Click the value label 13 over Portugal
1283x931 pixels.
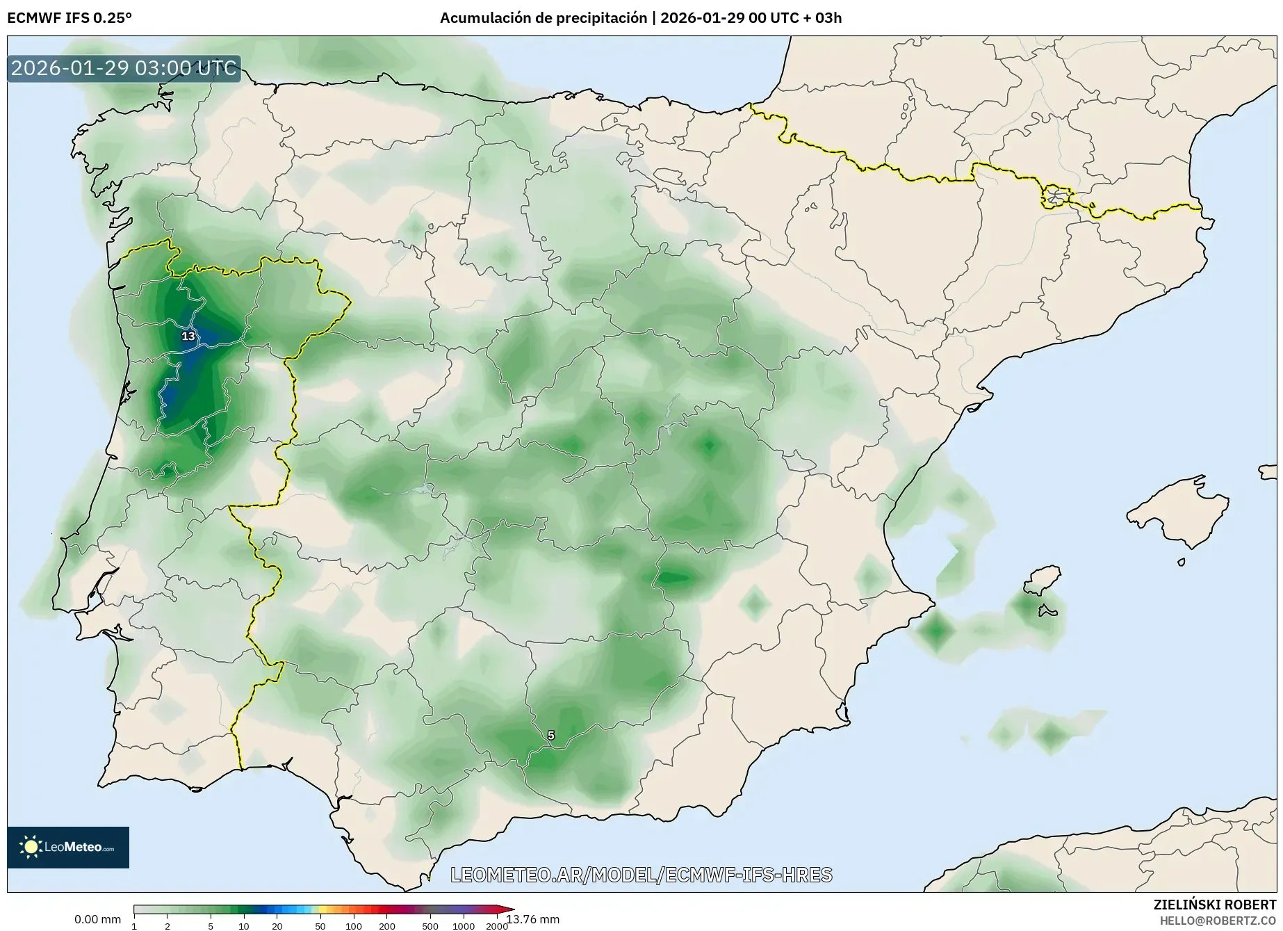(x=188, y=337)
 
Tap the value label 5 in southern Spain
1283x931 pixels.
(x=551, y=736)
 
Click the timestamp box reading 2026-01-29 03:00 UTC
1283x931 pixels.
(x=124, y=68)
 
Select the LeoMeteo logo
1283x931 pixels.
(x=68, y=847)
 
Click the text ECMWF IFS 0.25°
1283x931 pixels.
(x=70, y=18)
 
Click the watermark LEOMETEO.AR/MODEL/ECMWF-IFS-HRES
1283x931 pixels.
(x=641, y=875)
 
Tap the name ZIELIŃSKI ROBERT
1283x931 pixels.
(x=1214, y=905)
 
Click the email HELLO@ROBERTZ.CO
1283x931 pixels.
(x=1218, y=921)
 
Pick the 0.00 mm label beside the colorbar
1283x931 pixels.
(x=97, y=919)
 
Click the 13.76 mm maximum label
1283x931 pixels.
(x=533, y=919)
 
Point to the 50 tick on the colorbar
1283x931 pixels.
(x=320, y=926)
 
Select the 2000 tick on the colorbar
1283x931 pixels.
(x=496, y=926)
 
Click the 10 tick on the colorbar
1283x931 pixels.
(x=244, y=926)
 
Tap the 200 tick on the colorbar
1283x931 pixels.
(x=387, y=926)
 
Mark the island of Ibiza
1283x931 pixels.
(x=1043, y=580)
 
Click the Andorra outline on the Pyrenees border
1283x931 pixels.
(x=1055, y=197)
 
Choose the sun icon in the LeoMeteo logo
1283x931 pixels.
(x=31, y=847)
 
